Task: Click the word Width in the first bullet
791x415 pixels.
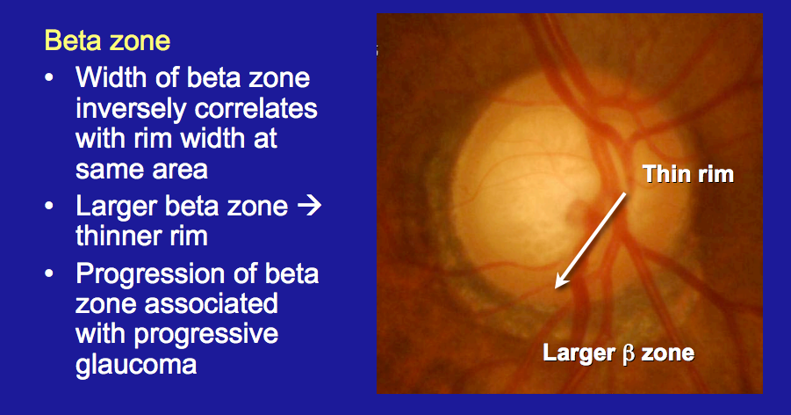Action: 107,77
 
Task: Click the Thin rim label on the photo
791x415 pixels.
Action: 687,174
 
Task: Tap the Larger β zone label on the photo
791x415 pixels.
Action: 618,354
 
